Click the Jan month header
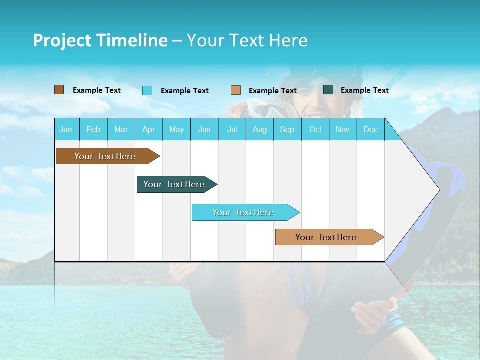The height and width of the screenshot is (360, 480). (66, 129)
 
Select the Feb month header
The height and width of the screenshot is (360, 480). (93, 129)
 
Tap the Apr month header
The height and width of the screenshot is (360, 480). (148, 129)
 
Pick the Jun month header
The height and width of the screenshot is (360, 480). (204, 129)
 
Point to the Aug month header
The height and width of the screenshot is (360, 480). (259, 129)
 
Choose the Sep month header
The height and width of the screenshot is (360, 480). (287, 129)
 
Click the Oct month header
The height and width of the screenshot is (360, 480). (315, 129)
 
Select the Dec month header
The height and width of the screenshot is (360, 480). (370, 129)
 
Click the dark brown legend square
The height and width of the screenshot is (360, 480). (59, 90)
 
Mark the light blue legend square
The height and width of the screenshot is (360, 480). (147, 90)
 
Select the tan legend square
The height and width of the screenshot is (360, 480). (236, 90)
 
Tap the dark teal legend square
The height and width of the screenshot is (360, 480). (328, 90)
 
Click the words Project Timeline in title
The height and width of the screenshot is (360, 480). (100, 40)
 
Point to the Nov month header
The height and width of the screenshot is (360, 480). (343, 129)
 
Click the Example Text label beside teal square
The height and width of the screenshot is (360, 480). (364, 90)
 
